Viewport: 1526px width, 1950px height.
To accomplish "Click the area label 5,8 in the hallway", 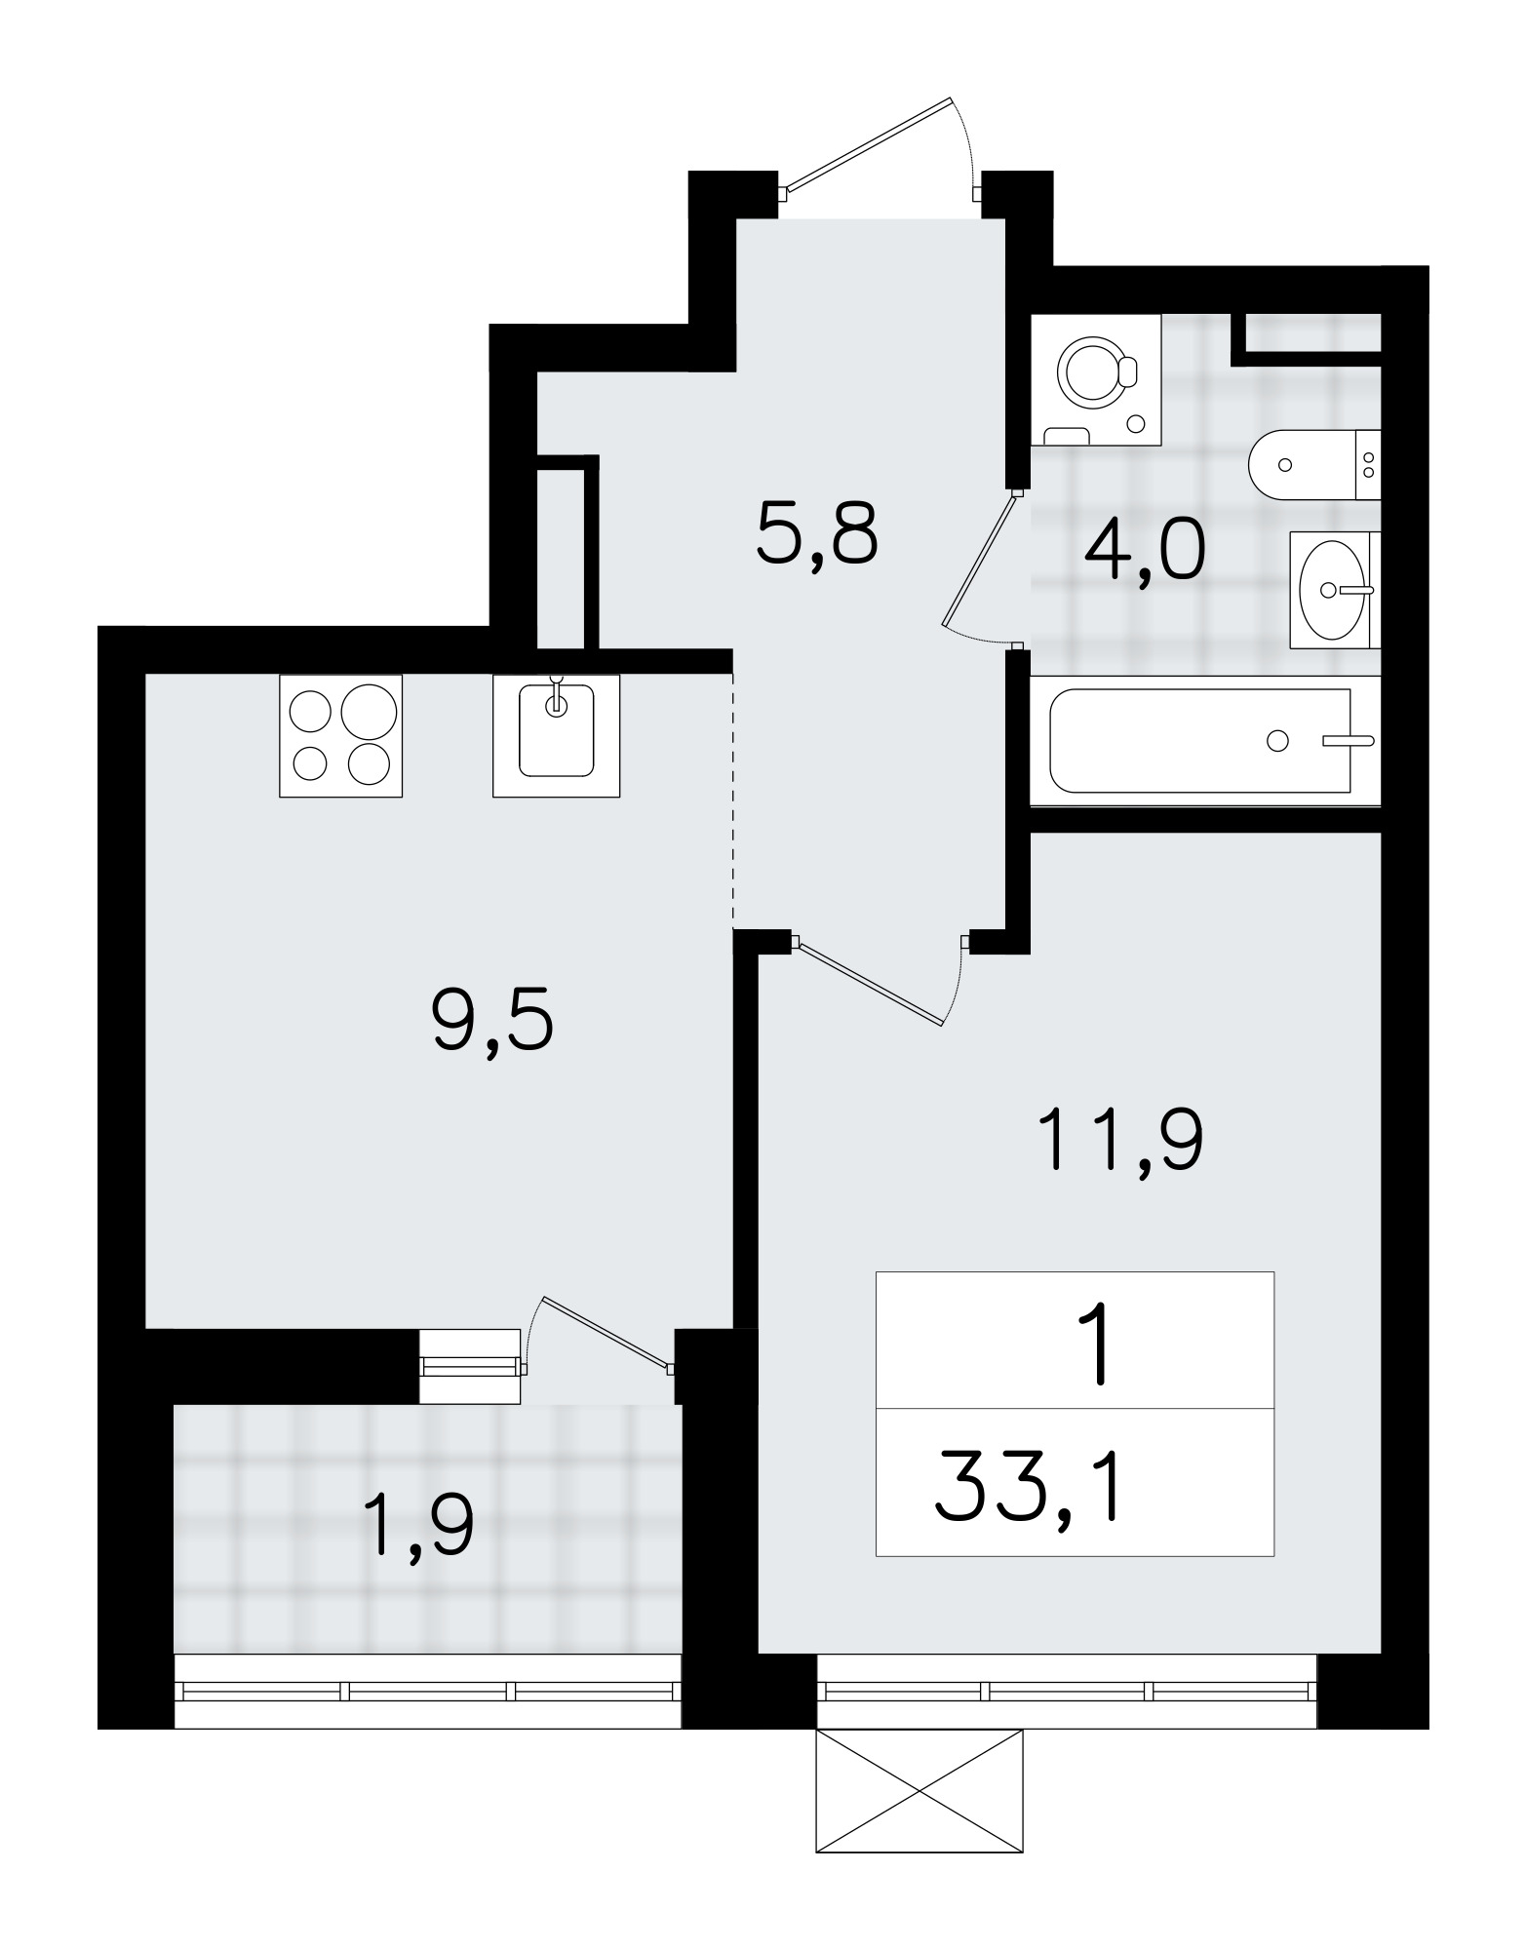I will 817,533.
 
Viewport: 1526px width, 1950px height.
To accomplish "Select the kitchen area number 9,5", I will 492,1017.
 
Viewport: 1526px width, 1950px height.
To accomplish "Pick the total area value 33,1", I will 1030,1486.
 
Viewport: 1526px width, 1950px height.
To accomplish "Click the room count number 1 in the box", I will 1100,1348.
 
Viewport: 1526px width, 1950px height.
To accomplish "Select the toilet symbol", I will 1311,464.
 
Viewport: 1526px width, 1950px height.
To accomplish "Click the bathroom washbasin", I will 1332,589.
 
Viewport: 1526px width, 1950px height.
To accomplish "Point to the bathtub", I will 1205,740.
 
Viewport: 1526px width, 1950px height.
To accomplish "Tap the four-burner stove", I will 340,735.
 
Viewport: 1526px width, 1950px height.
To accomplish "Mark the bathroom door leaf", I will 980,560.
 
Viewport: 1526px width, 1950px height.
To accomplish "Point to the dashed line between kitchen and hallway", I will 732,799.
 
